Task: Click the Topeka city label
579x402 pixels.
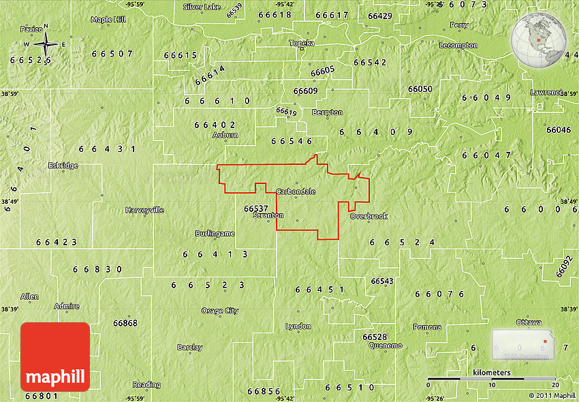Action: (301, 43)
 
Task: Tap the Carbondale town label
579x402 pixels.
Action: (296, 191)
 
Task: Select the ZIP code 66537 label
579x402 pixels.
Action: (255, 208)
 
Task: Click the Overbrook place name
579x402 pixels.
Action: (369, 216)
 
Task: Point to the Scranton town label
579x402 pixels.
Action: (268, 215)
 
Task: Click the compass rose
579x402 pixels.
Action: (46, 45)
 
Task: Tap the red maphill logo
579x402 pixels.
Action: (55, 357)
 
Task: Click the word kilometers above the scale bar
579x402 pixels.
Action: (491, 373)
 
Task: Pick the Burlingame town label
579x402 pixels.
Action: (215, 233)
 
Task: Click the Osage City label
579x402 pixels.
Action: (220, 311)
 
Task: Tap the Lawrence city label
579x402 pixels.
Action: (546, 92)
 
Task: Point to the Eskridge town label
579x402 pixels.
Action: (63, 166)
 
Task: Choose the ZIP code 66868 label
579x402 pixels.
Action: (125, 322)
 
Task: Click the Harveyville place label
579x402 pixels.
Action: (144, 210)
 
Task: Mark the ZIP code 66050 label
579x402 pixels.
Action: (420, 89)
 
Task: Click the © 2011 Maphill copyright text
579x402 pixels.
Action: (552, 395)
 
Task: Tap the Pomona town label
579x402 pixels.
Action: (426, 327)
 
